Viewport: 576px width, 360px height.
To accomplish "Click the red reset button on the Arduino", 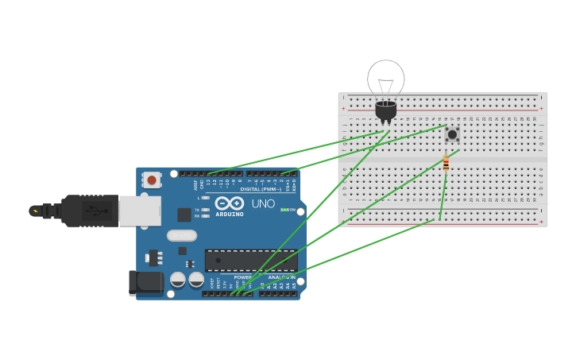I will pyautogui.click(x=151, y=180).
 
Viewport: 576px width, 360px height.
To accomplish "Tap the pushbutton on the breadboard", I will pyautogui.click(x=452, y=134).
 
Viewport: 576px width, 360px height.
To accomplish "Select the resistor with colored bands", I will pyautogui.click(x=446, y=164).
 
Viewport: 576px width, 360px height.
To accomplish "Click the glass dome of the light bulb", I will pyautogui.click(x=386, y=79).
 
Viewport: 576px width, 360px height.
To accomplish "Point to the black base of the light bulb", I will pyautogui.click(x=386, y=110).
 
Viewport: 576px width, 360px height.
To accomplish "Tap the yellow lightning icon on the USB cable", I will pyautogui.click(x=34, y=211).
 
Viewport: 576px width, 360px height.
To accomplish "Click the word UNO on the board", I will pyautogui.click(x=263, y=204).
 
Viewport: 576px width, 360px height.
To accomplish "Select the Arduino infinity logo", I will pyautogui.click(x=229, y=203).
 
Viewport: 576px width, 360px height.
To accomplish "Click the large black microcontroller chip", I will pyautogui.click(x=251, y=261).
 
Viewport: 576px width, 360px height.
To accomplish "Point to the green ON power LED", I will pyautogui.click(x=284, y=210).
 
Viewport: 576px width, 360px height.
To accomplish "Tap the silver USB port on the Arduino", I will pyautogui.click(x=140, y=211).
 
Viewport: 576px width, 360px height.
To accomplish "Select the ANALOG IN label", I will pyautogui.click(x=281, y=277).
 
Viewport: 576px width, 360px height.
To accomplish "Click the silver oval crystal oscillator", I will pyautogui.click(x=182, y=235).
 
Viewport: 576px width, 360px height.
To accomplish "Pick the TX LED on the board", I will pyautogui.click(x=205, y=210).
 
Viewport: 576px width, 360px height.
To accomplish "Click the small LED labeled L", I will pyautogui.click(x=205, y=198).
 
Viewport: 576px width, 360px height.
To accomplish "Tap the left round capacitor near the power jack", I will pyautogui.click(x=178, y=280).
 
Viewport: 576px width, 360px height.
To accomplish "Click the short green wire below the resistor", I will pyautogui.click(x=443, y=195).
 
